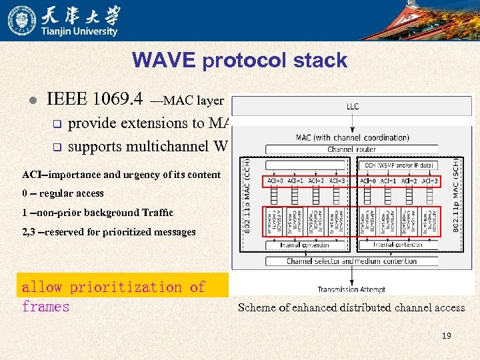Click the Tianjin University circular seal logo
pos(21,20)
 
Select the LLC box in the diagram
pos(351,106)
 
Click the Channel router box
pos(351,149)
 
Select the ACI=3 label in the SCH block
pos(430,181)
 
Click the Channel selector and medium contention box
pos(351,261)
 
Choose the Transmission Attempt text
pos(351,289)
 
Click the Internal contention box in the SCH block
pos(397,245)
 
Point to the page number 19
pos(446,336)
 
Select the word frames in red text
pos(45,307)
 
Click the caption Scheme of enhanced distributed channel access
pos(351,307)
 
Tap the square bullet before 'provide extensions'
pos(57,123)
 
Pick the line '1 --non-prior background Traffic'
pos(97,213)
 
